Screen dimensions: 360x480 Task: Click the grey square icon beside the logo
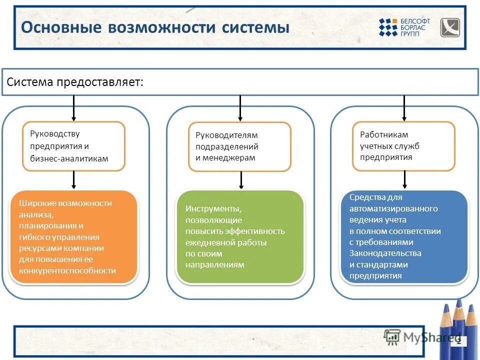[x=449, y=27]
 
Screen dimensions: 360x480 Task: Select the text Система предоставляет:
[x=75, y=82]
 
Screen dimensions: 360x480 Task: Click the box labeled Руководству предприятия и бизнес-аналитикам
[x=73, y=146]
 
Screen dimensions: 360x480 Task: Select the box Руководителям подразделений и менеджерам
[x=239, y=146]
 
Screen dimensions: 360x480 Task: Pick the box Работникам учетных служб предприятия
[x=404, y=146]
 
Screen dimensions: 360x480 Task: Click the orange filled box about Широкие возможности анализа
[x=73, y=237]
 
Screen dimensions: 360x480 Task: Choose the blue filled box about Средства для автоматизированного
[x=404, y=237]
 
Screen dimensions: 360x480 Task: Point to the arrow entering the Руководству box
[x=73, y=108]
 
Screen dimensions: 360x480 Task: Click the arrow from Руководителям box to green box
[x=241, y=180]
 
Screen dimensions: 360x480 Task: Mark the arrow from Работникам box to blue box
[x=404, y=179]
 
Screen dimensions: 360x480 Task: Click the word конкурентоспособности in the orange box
[x=67, y=270]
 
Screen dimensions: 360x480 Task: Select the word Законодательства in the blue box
[x=385, y=253]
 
